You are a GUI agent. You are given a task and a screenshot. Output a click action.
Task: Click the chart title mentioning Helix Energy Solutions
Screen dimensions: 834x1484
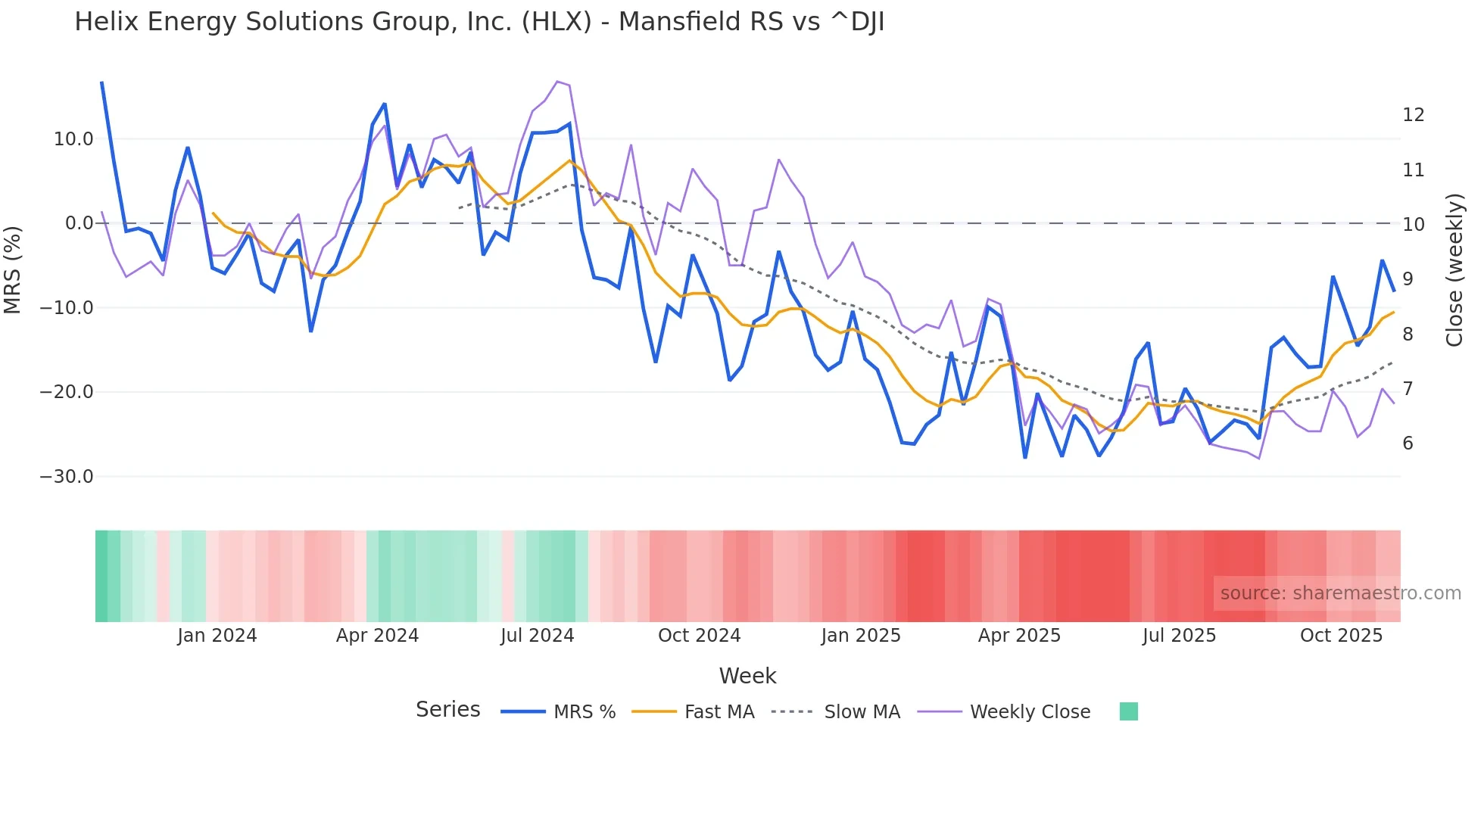(x=479, y=22)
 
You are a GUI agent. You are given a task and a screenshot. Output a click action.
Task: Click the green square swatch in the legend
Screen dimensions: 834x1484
(x=1128, y=711)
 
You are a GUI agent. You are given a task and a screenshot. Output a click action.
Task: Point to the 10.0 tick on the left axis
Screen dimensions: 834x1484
(x=73, y=139)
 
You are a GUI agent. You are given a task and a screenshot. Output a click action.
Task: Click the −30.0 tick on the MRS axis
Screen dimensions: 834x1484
(x=67, y=477)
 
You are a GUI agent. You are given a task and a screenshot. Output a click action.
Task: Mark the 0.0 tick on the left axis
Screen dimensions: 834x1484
(x=79, y=223)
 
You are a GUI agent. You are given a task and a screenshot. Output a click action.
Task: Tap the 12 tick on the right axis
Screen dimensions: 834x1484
(x=1413, y=115)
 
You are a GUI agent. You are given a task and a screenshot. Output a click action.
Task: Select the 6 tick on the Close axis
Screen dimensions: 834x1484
(x=1408, y=443)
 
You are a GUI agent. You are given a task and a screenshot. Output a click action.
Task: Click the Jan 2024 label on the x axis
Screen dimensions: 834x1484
(x=217, y=636)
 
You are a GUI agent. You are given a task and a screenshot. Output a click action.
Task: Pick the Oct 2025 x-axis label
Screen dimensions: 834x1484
(x=1341, y=636)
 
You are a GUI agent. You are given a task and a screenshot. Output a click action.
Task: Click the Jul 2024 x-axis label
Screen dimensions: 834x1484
(x=538, y=636)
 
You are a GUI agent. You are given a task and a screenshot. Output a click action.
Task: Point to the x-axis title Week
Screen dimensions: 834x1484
(x=747, y=676)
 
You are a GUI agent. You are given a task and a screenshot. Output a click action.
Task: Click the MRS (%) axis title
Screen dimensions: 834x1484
(x=13, y=269)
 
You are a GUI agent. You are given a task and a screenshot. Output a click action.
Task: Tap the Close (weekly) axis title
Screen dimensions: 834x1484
(x=1454, y=269)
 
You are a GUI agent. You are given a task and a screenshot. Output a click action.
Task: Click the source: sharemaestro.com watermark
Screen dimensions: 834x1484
(x=1340, y=593)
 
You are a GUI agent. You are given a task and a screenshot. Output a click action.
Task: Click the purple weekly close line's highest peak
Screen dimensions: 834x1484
(x=557, y=81)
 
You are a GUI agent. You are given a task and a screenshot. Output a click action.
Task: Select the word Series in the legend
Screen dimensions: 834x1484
(x=447, y=710)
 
